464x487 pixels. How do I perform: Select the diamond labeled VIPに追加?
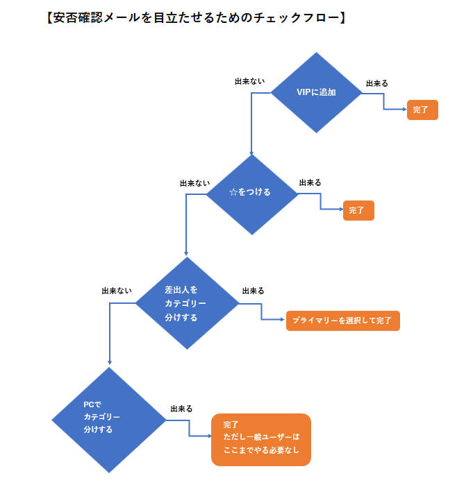317,92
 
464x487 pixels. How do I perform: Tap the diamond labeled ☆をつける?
251,194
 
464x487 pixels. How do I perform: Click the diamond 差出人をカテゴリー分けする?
186,303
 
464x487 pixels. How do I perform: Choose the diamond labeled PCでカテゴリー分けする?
109,420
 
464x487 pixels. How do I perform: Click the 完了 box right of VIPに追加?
422,110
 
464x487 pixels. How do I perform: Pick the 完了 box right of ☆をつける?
358,210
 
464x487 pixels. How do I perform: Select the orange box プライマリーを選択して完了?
342,321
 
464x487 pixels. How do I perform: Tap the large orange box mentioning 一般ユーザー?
260,439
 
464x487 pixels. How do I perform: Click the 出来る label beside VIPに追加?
376,83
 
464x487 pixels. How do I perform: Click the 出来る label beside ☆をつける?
310,182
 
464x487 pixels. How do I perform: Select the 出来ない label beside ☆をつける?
194,184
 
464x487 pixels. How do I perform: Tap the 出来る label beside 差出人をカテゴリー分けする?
253,291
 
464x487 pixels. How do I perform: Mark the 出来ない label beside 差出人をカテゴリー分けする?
117,291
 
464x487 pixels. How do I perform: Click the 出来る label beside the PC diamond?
181,409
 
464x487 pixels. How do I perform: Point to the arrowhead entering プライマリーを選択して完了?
282,321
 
